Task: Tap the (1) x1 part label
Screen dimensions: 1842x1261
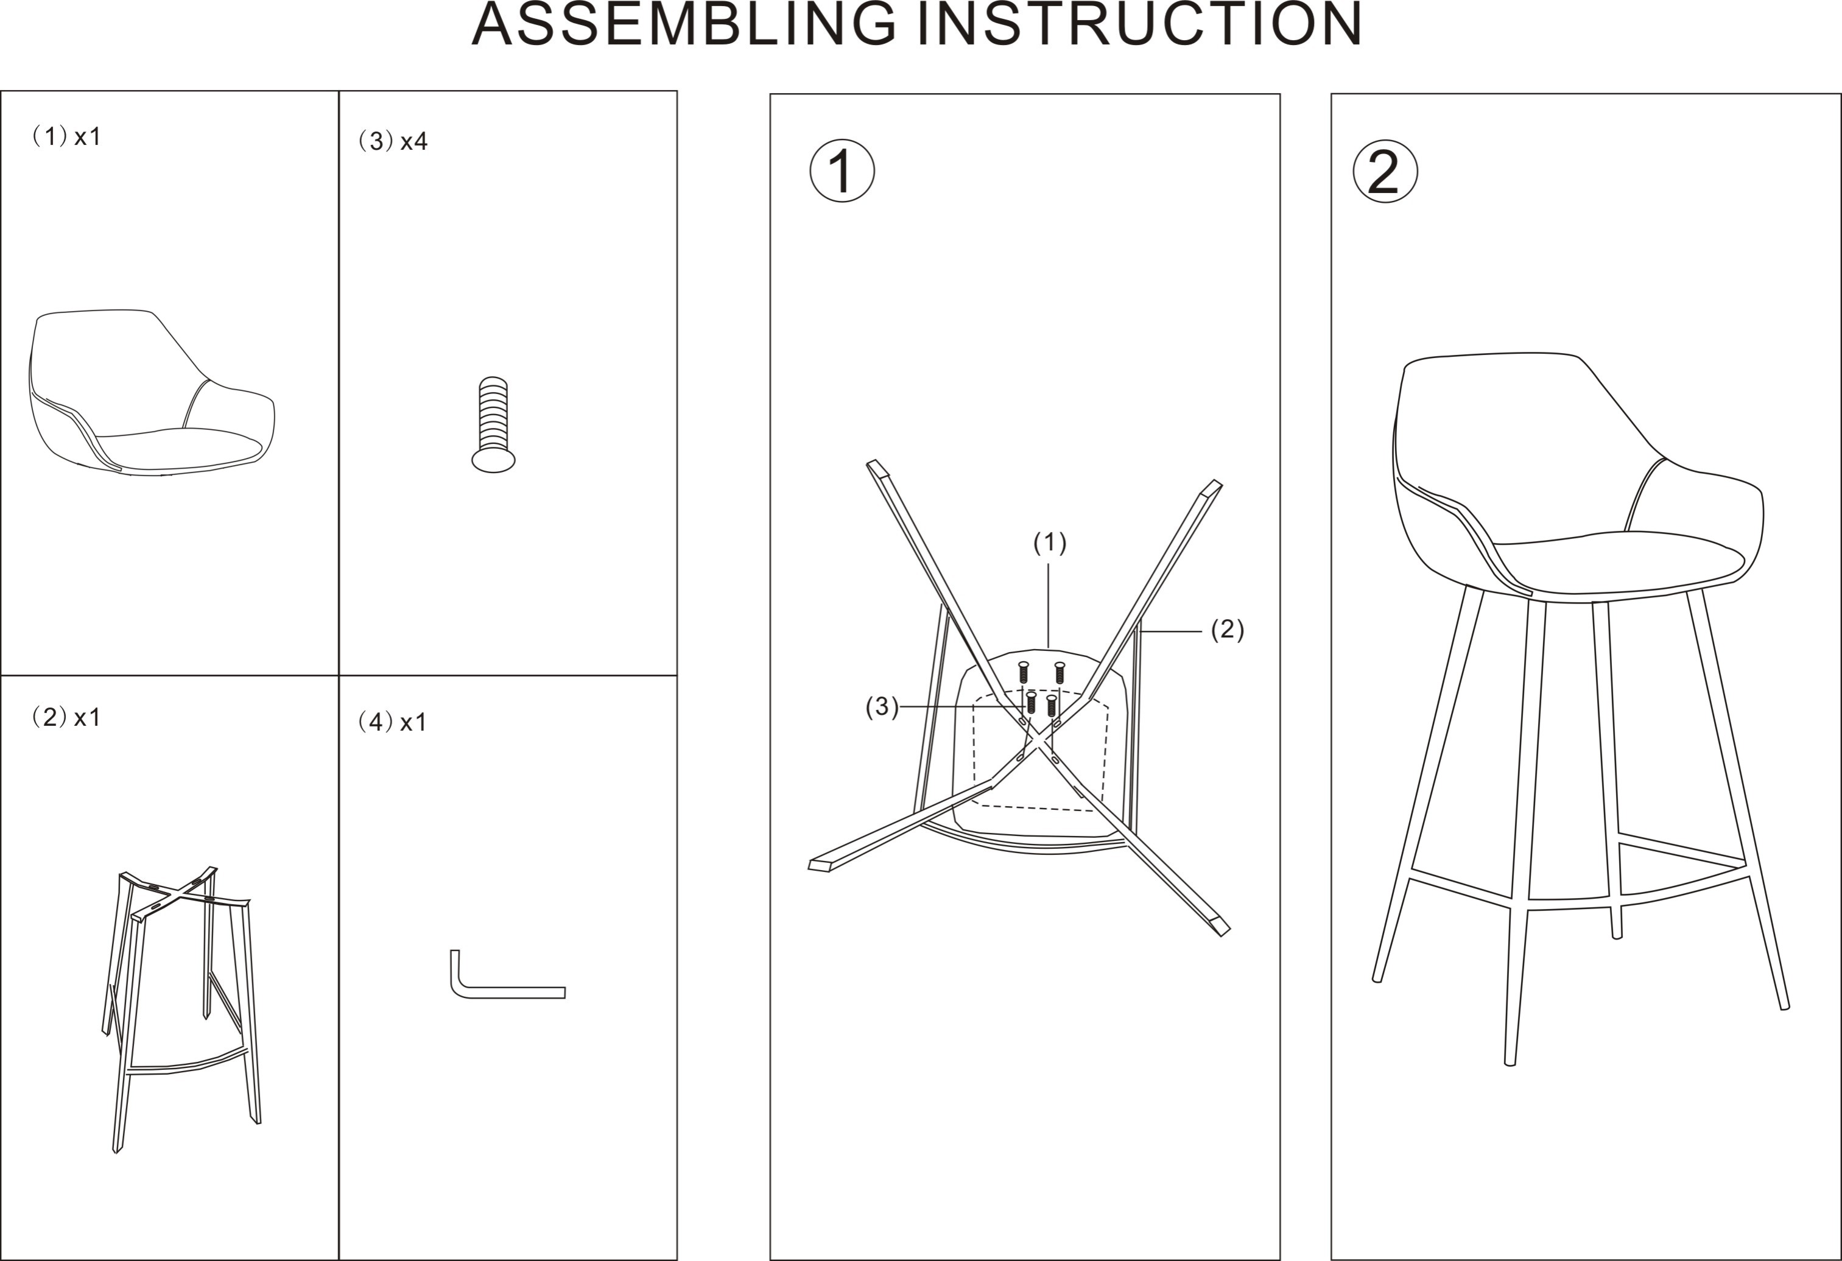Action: point(66,136)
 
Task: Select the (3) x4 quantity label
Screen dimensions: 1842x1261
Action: point(393,141)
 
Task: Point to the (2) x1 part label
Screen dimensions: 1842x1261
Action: point(66,717)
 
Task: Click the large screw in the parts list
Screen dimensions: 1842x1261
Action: point(493,425)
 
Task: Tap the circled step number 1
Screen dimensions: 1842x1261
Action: point(842,171)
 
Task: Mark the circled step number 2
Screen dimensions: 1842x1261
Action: point(1385,171)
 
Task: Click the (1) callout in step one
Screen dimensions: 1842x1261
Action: point(1049,543)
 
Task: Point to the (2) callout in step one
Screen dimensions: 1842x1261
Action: point(1227,630)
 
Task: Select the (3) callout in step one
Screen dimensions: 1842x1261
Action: point(881,706)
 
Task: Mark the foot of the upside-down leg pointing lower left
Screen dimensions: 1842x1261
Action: point(820,865)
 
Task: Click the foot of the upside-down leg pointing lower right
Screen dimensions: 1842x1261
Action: point(1221,927)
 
